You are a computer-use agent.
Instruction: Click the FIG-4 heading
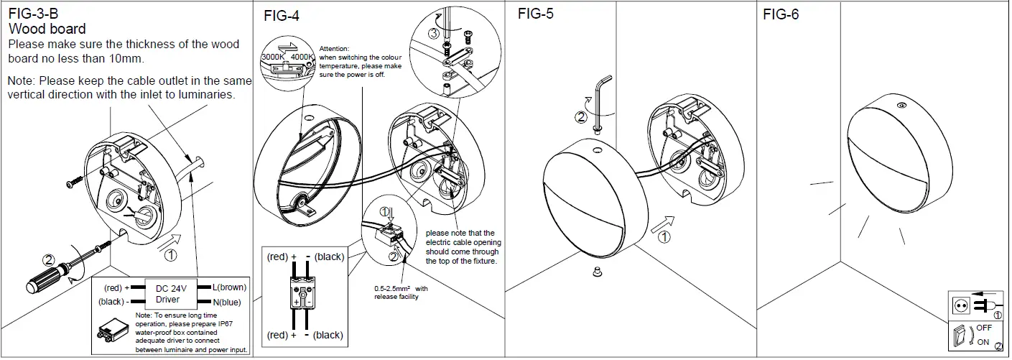(x=282, y=17)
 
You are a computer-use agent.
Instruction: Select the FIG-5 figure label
(x=536, y=14)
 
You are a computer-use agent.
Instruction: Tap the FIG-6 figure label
(x=781, y=14)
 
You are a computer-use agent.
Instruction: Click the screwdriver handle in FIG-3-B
(x=45, y=280)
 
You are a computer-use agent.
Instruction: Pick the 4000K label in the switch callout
(x=302, y=57)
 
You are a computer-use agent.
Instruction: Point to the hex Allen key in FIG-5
(x=600, y=101)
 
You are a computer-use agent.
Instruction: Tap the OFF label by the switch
(x=983, y=328)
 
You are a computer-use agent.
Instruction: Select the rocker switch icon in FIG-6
(x=958, y=336)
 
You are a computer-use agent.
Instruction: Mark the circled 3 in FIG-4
(x=433, y=34)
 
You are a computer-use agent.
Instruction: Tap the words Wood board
(x=47, y=29)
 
